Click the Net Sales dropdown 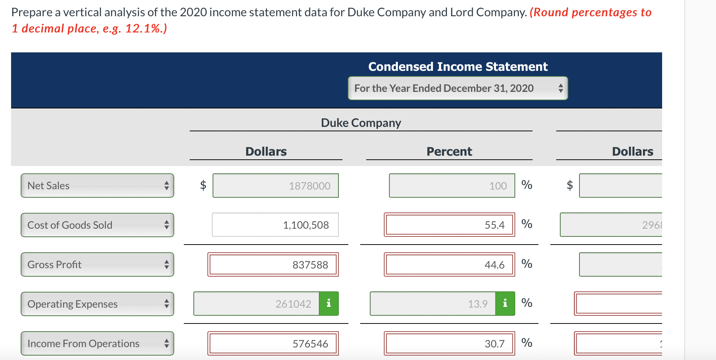(97, 186)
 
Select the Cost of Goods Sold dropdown (97, 225)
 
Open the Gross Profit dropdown (97, 264)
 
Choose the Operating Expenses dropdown (97, 304)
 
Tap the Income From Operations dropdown (97, 343)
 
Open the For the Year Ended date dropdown (458, 88)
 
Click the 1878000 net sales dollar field (275, 186)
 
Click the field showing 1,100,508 (275, 225)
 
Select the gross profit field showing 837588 (273, 264)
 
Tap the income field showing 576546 (273, 343)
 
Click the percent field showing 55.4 (449, 225)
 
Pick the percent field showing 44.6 (449, 264)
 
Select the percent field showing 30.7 (449, 343)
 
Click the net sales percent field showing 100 (452, 186)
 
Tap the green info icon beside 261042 (329, 304)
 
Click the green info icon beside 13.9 (505, 304)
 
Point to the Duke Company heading (361, 123)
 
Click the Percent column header (449, 152)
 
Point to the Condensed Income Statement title (458, 67)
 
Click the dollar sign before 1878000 (203, 185)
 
